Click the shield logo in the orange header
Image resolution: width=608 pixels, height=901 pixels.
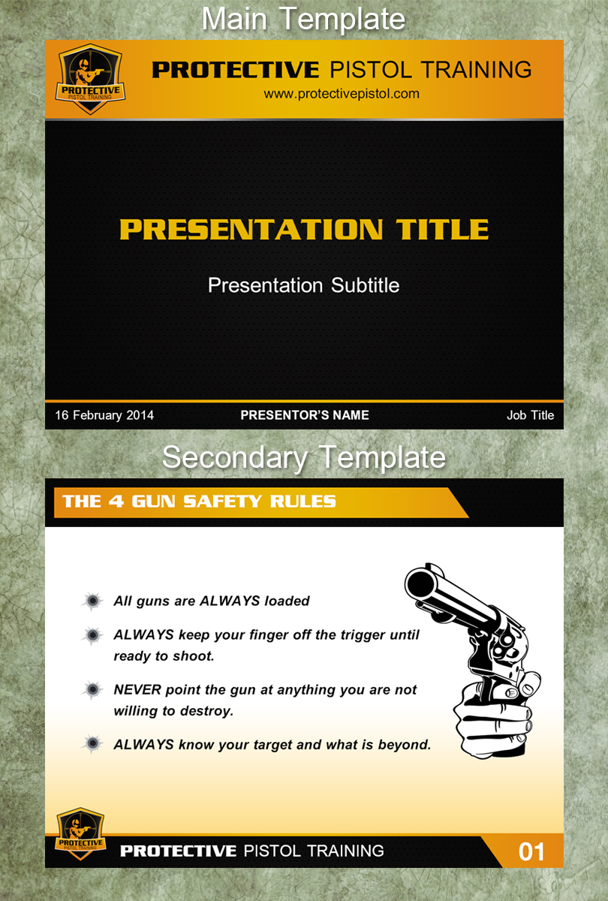click(x=90, y=80)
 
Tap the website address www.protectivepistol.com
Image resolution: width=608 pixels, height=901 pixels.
click(x=342, y=94)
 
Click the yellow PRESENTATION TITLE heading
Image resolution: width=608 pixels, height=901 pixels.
click(x=304, y=229)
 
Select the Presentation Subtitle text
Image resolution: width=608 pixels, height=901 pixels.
click(x=303, y=285)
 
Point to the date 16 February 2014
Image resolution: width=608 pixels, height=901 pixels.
click(x=104, y=415)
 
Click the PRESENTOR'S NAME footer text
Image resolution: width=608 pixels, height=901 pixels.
click(x=305, y=415)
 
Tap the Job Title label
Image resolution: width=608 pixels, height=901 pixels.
click(x=530, y=415)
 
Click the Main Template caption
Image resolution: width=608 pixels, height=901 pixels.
click(x=303, y=19)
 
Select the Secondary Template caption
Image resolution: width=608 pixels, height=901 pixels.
click(x=304, y=457)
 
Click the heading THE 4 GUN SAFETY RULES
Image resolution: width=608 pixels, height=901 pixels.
click(x=199, y=502)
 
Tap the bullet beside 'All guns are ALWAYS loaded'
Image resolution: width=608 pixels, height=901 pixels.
click(x=92, y=601)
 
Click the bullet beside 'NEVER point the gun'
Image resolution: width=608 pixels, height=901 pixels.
click(x=92, y=690)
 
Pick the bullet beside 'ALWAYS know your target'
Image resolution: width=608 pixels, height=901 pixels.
click(x=92, y=743)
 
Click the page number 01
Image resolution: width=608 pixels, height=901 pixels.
click(x=531, y=851)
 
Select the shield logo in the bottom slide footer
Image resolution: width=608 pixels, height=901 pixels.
click(x=80, y=833)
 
